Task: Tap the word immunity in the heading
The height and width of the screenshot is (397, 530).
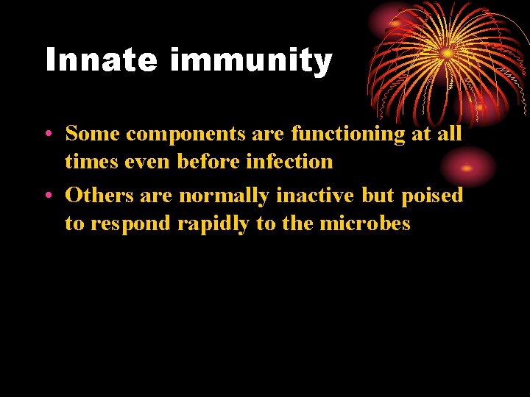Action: tap(251, 61)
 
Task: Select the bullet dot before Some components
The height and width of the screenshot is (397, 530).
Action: tap(46, 134)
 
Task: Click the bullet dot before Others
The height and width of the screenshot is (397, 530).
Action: tap(46, 196)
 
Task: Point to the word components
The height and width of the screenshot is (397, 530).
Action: tap(184, 135)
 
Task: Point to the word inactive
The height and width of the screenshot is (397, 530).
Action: tap(315, 196)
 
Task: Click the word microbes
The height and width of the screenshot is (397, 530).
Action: tap(365, 223)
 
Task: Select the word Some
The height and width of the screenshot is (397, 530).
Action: tap(93, 134)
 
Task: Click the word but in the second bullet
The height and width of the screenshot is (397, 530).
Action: tap(378, 196)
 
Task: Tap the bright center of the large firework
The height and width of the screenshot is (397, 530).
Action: tap(446, 54)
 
